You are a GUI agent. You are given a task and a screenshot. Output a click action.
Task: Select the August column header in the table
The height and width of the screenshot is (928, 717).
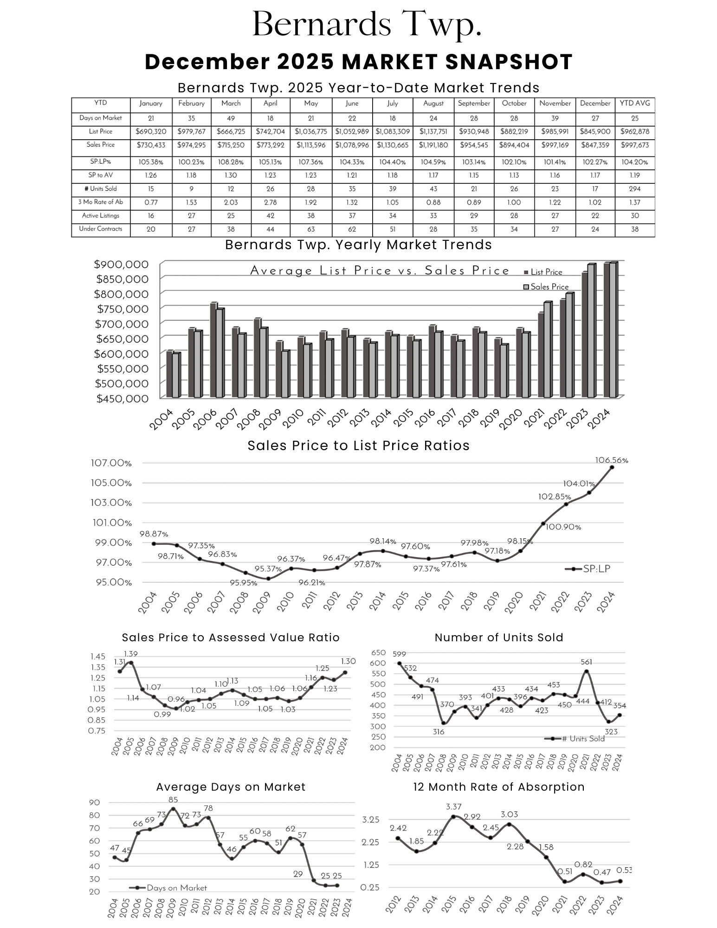click(x=433, y=103)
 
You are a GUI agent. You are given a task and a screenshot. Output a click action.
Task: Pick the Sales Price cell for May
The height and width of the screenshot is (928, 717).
click(x=310, y=145)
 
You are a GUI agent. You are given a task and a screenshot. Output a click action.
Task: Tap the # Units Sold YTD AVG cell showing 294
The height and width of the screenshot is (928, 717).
click(x=634, y=189)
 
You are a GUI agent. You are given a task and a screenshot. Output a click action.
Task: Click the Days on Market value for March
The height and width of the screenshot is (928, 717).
click(x=231, y=118)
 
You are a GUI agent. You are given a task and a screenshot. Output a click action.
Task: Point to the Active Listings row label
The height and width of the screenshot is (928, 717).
click(x=101, y=216)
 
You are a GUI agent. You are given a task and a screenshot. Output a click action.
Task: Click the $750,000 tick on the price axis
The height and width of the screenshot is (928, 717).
click(x=122, y=309)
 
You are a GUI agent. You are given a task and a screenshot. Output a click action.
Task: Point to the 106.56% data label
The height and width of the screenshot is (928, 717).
click(x=611, y=460)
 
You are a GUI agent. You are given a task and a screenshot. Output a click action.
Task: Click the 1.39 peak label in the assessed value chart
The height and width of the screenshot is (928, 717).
click(x=130, y=654)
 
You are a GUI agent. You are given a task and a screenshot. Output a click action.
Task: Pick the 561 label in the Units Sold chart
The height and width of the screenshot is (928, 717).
click(x=586, y=662)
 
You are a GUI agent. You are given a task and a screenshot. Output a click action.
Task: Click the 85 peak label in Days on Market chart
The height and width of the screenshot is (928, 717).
click(x=173, y=800)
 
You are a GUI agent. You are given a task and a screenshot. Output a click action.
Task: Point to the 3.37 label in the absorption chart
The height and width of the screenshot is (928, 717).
click(x=453, y=807)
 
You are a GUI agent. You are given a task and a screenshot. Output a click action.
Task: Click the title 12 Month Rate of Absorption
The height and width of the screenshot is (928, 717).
click(x=498, y=787)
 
